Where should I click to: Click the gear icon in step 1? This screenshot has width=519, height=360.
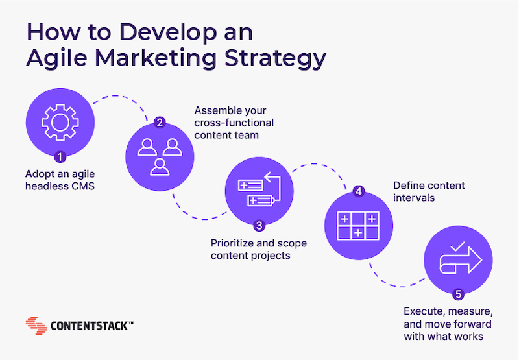click(x=60, y=123)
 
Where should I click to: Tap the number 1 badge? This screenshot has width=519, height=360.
click(x=60, y=157)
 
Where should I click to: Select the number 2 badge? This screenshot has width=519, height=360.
click(x=160, y=123)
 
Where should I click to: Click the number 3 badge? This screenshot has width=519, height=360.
click(x=259, y=226)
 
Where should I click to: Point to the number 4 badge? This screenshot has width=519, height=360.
click(x=359, y=191)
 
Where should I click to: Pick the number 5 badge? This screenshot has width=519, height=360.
click(x=459, y=294)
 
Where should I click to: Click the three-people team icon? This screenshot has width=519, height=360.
click(x=160, y=157)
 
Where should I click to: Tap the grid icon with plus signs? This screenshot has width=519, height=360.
click(x=358, y=226)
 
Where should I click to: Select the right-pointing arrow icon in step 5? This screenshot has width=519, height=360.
click(x=461, y=261)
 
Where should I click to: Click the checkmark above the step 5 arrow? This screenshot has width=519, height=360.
click(x=458, y=246)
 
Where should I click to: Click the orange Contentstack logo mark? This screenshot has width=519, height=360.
click(x=36, y=326)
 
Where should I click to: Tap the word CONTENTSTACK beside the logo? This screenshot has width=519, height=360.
click(x=90, y=326)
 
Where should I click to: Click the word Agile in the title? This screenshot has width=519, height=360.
click(x=56, y=58)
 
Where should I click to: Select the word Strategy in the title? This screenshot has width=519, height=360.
click(x=275, y=59)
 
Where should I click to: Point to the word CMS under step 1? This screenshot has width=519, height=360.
click(x=84, y=186)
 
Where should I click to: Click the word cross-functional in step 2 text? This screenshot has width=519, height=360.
click(x=234, y=123)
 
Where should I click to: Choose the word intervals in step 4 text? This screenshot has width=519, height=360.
click(x=414, y=198)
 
